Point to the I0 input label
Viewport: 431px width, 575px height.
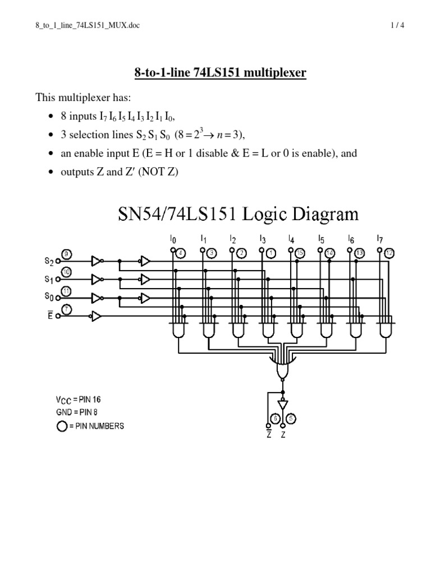pos(173,239)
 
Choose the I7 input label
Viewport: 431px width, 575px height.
pos(380,239)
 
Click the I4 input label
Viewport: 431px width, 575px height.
pos(291,239)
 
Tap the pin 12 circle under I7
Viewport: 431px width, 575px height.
pos(389,253)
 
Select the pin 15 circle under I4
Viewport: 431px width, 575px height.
pos(300,253)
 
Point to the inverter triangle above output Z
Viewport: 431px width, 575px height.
pos(283,404)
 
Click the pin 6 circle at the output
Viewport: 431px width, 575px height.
pos(275,419)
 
